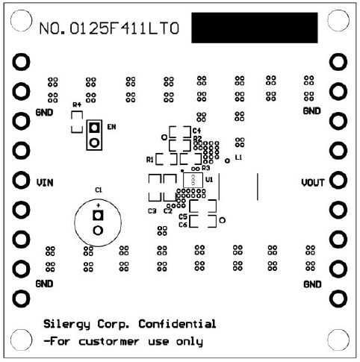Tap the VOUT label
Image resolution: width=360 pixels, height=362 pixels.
(x=312, y=181)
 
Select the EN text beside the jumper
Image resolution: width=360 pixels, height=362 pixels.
(x=111, y=127)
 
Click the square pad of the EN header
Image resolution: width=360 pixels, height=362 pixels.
(x=94, y=128)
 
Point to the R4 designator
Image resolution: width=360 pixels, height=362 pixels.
(x=76, y=105)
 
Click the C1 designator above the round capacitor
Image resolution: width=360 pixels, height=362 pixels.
(x=98, y=190)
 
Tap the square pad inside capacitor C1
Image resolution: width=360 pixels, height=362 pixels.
(x=96, y=216)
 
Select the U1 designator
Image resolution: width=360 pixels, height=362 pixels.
(x=209, y=180)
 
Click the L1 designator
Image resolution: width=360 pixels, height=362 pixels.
(x=238, y=158)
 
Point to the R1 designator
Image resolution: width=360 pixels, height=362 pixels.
(x=150, y=160)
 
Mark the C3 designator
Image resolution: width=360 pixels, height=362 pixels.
(x=152, y=211)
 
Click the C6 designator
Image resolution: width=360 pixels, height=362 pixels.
(x=183, y=224)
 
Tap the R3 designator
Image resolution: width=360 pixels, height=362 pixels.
(x=205, y=169)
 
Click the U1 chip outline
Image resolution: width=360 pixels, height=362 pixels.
(x=193, y=180)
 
